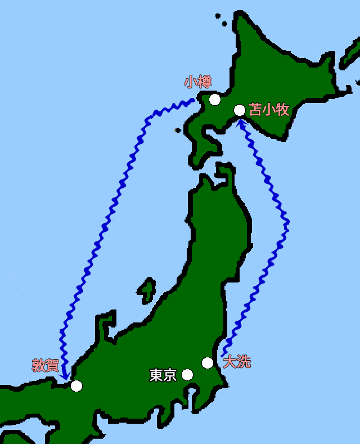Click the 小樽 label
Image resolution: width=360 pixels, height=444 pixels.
[x=197, y=82]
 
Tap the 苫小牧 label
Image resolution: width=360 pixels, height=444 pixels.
[x=269, y=109]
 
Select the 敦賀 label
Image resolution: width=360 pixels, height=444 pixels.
[x=46, y=365]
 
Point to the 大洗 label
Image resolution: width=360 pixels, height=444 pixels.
[x=237, y=361]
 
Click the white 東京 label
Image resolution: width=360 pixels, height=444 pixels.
[x=163, y=375]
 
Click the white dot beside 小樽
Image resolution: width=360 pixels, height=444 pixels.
[x=214, y=100]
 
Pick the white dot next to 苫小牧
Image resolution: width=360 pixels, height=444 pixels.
[x=240, y=110]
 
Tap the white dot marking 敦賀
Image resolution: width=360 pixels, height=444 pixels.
[x=76, y=385]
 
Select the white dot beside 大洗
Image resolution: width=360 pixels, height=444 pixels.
[x=208, y=363]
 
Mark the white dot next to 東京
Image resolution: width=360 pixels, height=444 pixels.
[x=187, y=375]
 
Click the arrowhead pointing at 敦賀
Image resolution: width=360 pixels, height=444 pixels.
[x=66, y=374]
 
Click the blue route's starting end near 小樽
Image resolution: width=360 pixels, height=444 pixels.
[x=192, y=100]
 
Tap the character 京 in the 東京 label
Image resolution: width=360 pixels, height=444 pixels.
[x=170, y=375]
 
